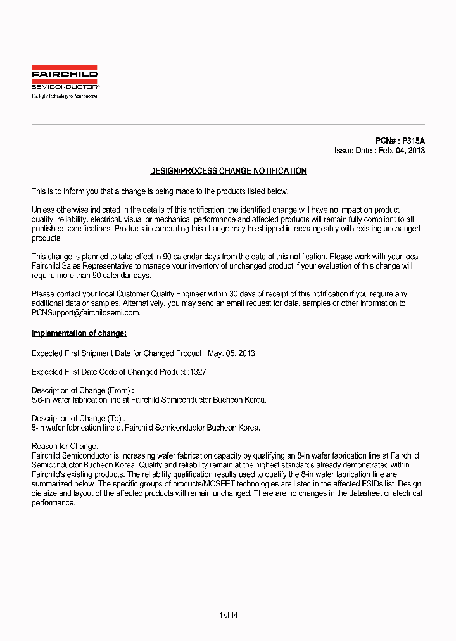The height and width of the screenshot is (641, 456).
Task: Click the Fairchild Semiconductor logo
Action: click(65, 77)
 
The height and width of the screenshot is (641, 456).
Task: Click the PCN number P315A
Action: click(414, 141)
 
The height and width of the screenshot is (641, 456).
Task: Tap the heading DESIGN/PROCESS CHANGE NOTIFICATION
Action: click(228, 172)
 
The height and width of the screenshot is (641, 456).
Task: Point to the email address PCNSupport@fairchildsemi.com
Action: click(85, 313)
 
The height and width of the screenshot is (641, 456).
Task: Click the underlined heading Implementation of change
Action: click(79, 334)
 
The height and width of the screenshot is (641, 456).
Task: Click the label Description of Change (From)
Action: click(82, 391)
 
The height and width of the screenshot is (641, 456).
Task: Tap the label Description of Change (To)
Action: click(78, 419)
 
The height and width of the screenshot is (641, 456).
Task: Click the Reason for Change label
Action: click(65, 447)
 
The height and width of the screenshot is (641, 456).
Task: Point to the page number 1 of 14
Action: click(228, 615)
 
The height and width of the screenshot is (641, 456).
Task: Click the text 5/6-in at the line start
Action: click(42, 400)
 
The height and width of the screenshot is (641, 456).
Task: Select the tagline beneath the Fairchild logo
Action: click(65, 96)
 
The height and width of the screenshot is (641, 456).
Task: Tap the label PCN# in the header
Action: click(386, 141)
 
